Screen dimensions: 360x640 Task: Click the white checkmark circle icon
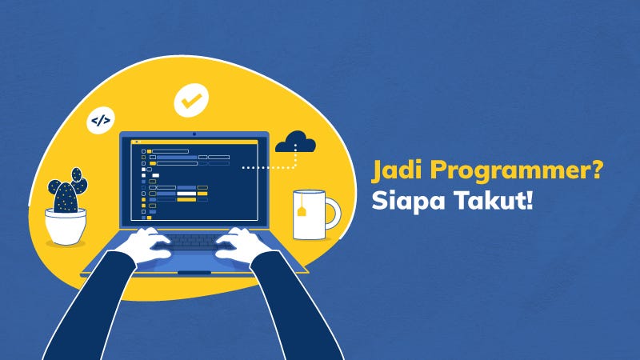(x=190, y=102)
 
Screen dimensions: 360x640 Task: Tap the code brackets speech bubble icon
(x=101, y=122)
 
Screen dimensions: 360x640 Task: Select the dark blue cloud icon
(x=295, y=144)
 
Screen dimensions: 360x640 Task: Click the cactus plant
(x=66, y=190)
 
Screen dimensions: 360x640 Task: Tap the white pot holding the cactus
(x=66, y=226)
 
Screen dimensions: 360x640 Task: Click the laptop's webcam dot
(x=194, y=134)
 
